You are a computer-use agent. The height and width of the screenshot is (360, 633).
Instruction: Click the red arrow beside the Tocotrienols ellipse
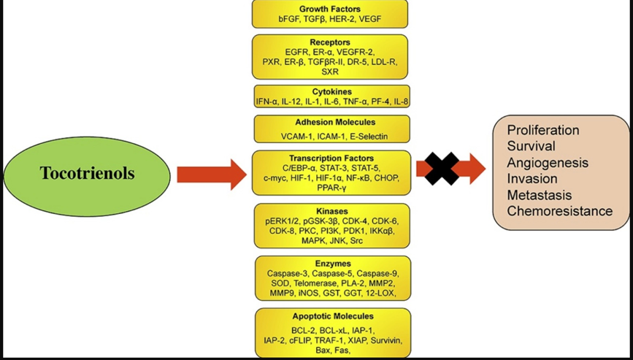212,175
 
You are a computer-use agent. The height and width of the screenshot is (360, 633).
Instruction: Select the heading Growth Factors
329,8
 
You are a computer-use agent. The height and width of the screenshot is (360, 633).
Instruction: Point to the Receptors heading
330,42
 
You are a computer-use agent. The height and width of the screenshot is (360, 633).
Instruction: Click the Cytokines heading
331,91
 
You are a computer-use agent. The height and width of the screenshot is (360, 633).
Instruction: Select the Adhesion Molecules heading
331,122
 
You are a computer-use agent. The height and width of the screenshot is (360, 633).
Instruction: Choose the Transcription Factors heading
331,158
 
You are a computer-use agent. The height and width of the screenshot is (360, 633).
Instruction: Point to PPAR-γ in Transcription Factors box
331,188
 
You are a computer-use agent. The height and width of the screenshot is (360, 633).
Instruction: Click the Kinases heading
331,211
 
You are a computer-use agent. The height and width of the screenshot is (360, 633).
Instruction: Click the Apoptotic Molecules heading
332,316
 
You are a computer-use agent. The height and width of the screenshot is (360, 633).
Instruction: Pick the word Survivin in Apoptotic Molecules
384,340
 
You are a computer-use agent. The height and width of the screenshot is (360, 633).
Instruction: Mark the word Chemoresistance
560,211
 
